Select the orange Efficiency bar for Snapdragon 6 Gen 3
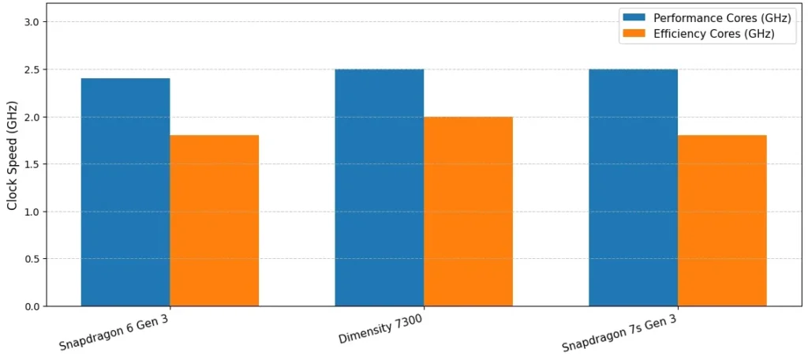point(214,220)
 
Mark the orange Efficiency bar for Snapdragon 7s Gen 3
point(722,220)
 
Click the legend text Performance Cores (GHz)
point(714,17)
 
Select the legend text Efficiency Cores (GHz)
point(709,34)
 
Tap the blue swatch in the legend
point(634,17)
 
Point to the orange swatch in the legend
point(634,34)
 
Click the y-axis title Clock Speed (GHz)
point(13,156)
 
